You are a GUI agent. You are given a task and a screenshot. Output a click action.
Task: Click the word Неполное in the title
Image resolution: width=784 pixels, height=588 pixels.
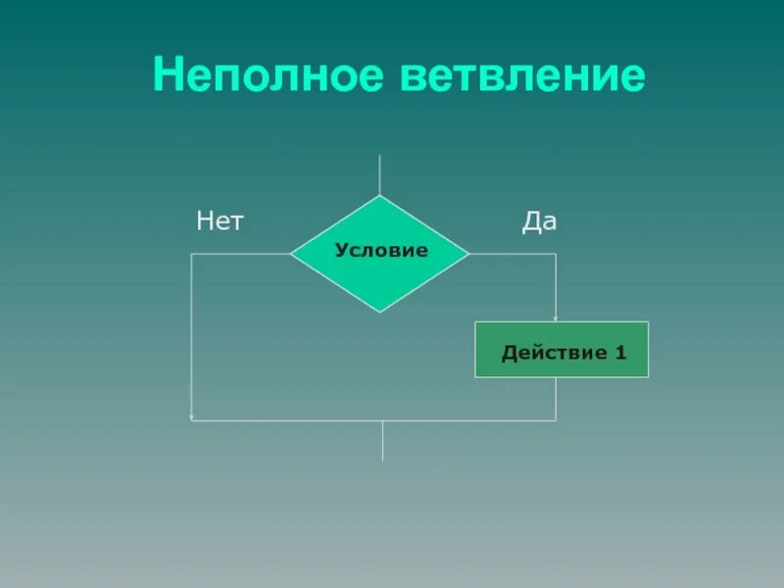[x=269, y=76]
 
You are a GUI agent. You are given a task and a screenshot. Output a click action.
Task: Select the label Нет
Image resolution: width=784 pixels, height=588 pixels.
[x=220, y=221]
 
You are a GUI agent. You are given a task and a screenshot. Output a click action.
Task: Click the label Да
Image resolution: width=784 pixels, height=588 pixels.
[x=539, y=221]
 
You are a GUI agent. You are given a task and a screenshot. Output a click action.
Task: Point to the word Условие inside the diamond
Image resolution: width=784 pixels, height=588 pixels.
[x=381, y=251]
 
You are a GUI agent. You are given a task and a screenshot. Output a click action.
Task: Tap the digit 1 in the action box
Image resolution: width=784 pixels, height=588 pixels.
[x=620, y=352]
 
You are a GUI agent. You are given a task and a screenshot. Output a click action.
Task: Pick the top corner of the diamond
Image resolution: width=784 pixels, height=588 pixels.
[x=380, y=196]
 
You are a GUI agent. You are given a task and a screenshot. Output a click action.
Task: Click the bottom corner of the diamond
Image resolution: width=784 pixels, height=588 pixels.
[x=380, y=312]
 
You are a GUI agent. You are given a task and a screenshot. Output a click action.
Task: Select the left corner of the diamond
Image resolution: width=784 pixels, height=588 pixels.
[x=291, y=254]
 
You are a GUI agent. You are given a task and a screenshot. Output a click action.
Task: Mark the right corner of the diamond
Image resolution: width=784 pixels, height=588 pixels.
[x=468, y=254]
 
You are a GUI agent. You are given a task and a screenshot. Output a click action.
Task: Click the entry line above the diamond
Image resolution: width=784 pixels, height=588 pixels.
[x=380, y=174]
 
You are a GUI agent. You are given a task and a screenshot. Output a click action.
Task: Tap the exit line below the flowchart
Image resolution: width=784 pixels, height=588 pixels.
[x=382, y=441]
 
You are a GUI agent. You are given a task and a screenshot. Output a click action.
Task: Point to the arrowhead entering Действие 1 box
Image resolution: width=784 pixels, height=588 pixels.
[x=556, y=318]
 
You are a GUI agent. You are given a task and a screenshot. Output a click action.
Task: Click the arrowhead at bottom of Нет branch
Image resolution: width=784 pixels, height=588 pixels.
[x=192, y=417]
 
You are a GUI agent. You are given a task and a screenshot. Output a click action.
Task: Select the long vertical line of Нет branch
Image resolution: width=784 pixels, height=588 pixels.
[x=191, y=333]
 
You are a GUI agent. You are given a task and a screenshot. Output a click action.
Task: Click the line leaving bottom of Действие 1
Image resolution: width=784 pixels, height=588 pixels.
[x=556, y=399]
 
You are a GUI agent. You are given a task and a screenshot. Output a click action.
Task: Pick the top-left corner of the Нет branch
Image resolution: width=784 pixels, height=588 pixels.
[x=191, y=254]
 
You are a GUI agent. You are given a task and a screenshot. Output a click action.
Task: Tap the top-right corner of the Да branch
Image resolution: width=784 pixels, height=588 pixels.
[x=556, y=254]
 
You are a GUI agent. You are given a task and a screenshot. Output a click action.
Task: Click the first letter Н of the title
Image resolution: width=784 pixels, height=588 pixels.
[x=168, y=76]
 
